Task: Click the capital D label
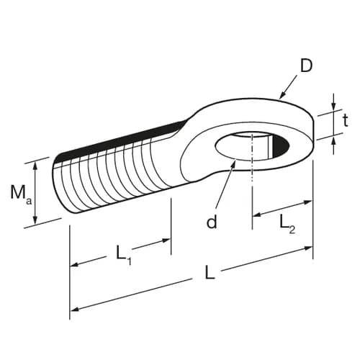(306, 66)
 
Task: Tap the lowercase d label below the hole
(212, 222)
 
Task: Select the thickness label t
(346, 120)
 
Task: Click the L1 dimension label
(123, 253)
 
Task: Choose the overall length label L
(210, 274)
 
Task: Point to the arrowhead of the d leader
(234, 165)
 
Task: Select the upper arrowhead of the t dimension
(333, 109)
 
